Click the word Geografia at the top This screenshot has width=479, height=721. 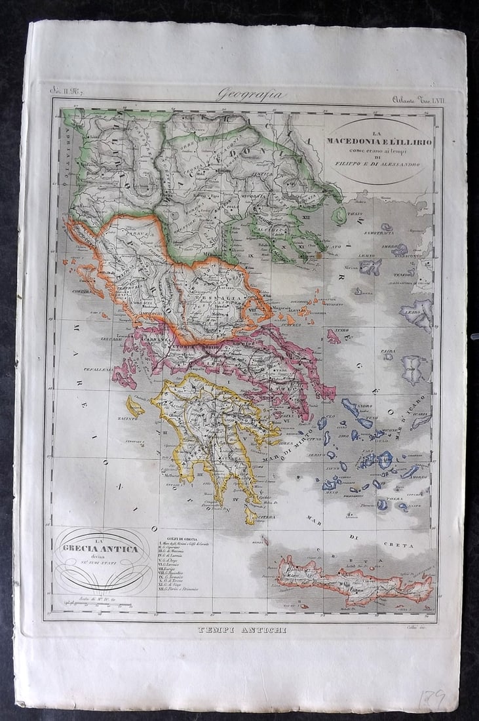[252, 94]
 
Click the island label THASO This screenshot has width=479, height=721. [354, 214]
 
